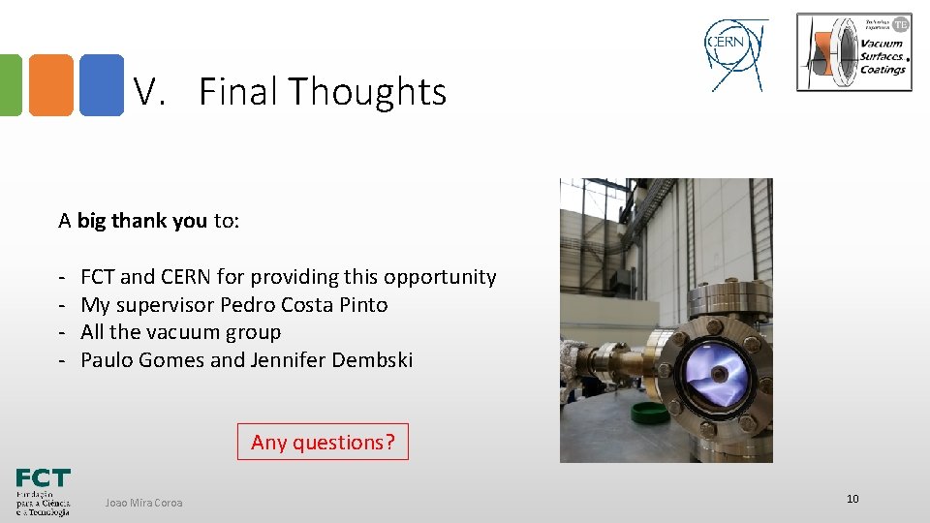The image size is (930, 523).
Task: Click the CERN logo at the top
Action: coord(735,53)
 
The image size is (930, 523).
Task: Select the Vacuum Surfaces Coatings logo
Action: coord(853,52)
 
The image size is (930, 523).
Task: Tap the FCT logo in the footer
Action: coord(43,492)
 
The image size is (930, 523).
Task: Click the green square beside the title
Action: coord(10,85)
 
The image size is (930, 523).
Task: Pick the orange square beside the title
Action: coord(50,85)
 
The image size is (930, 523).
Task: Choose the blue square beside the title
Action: coord(101,85)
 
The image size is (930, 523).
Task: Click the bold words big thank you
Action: coord(141,221)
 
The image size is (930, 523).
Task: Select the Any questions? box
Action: coord(323,442)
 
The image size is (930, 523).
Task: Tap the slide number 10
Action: coord(852,499)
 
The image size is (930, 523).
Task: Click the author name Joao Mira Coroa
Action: coord(143,502)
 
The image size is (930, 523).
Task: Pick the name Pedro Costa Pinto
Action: coord(304,305)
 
